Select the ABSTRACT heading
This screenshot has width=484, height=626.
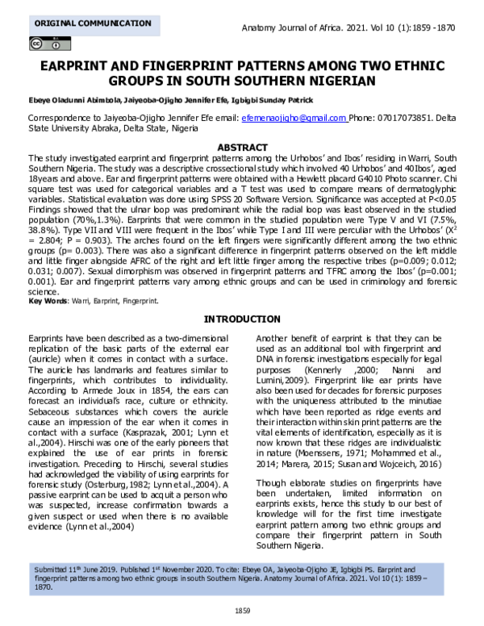pyautogui.click(x=243, y=148)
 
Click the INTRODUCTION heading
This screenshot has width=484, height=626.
pyautogui.click(x=242, y=319)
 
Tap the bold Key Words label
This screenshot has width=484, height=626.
pyautogui.click(x=47, y=301)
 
